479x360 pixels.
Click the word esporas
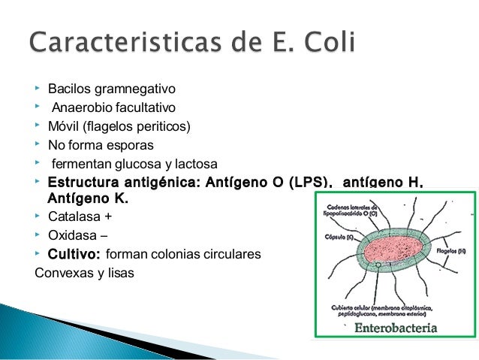131,145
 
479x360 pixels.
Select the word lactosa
194,164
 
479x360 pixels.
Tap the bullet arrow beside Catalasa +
38,217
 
